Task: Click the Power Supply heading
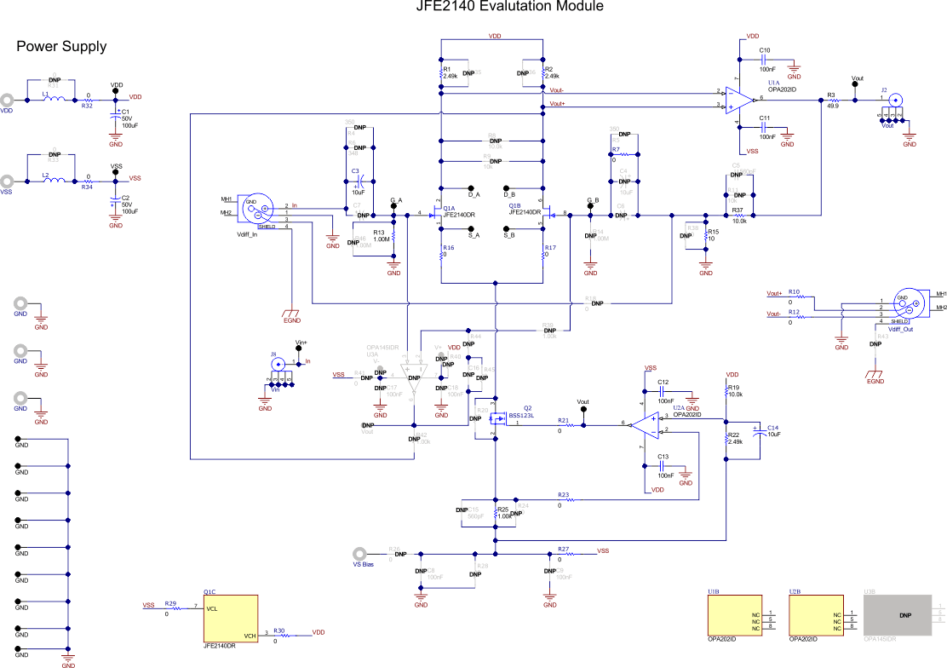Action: (x=61, y=46)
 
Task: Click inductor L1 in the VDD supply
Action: (x=54, y=99)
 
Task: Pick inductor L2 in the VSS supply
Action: (x=54, y=180)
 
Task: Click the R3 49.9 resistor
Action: (x=832, y=99)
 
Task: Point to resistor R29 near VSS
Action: (x=171, y=608)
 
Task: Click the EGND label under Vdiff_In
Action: (x=292, y=321)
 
